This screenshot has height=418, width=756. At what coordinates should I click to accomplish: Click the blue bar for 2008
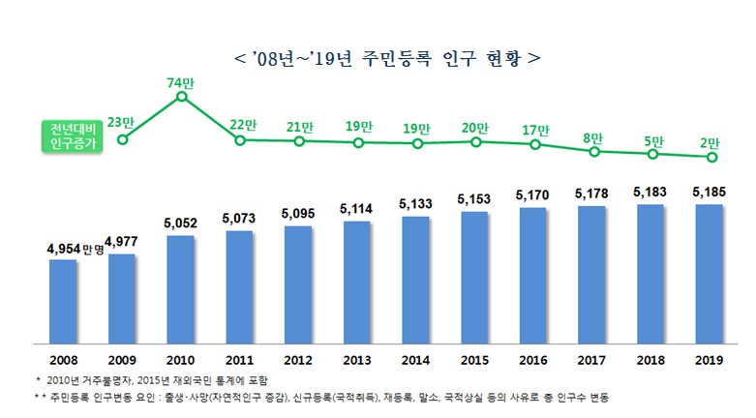[63, 300]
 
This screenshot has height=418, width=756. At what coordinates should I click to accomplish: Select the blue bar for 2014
[415, 279]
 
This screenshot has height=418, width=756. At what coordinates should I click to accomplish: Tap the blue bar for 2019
[710, 273]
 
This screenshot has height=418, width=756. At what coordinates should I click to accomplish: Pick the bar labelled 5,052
[180, 288]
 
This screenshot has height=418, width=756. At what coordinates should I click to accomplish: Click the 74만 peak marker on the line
[181, 96]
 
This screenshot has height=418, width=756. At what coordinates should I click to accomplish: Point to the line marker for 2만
[711, 158]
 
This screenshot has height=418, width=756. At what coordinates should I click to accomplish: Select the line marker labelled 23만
[122, 139]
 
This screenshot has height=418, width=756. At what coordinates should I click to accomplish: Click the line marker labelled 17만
[535, 145]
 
